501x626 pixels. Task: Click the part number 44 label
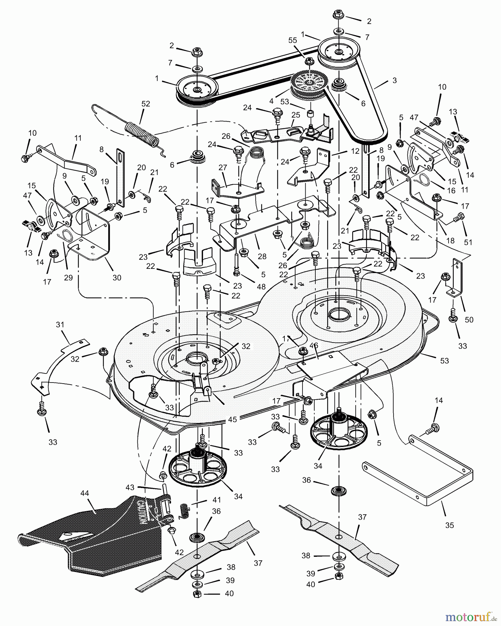pos(84,493)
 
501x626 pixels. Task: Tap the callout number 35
pos(450,525)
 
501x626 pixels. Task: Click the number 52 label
pos(146,104)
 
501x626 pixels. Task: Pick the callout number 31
pos(60,325)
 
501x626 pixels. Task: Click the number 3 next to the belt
pos(394,80)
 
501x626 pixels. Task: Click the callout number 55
pos(293,40)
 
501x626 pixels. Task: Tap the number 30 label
pos(117,278)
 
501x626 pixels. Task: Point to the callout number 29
pos(68,278)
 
